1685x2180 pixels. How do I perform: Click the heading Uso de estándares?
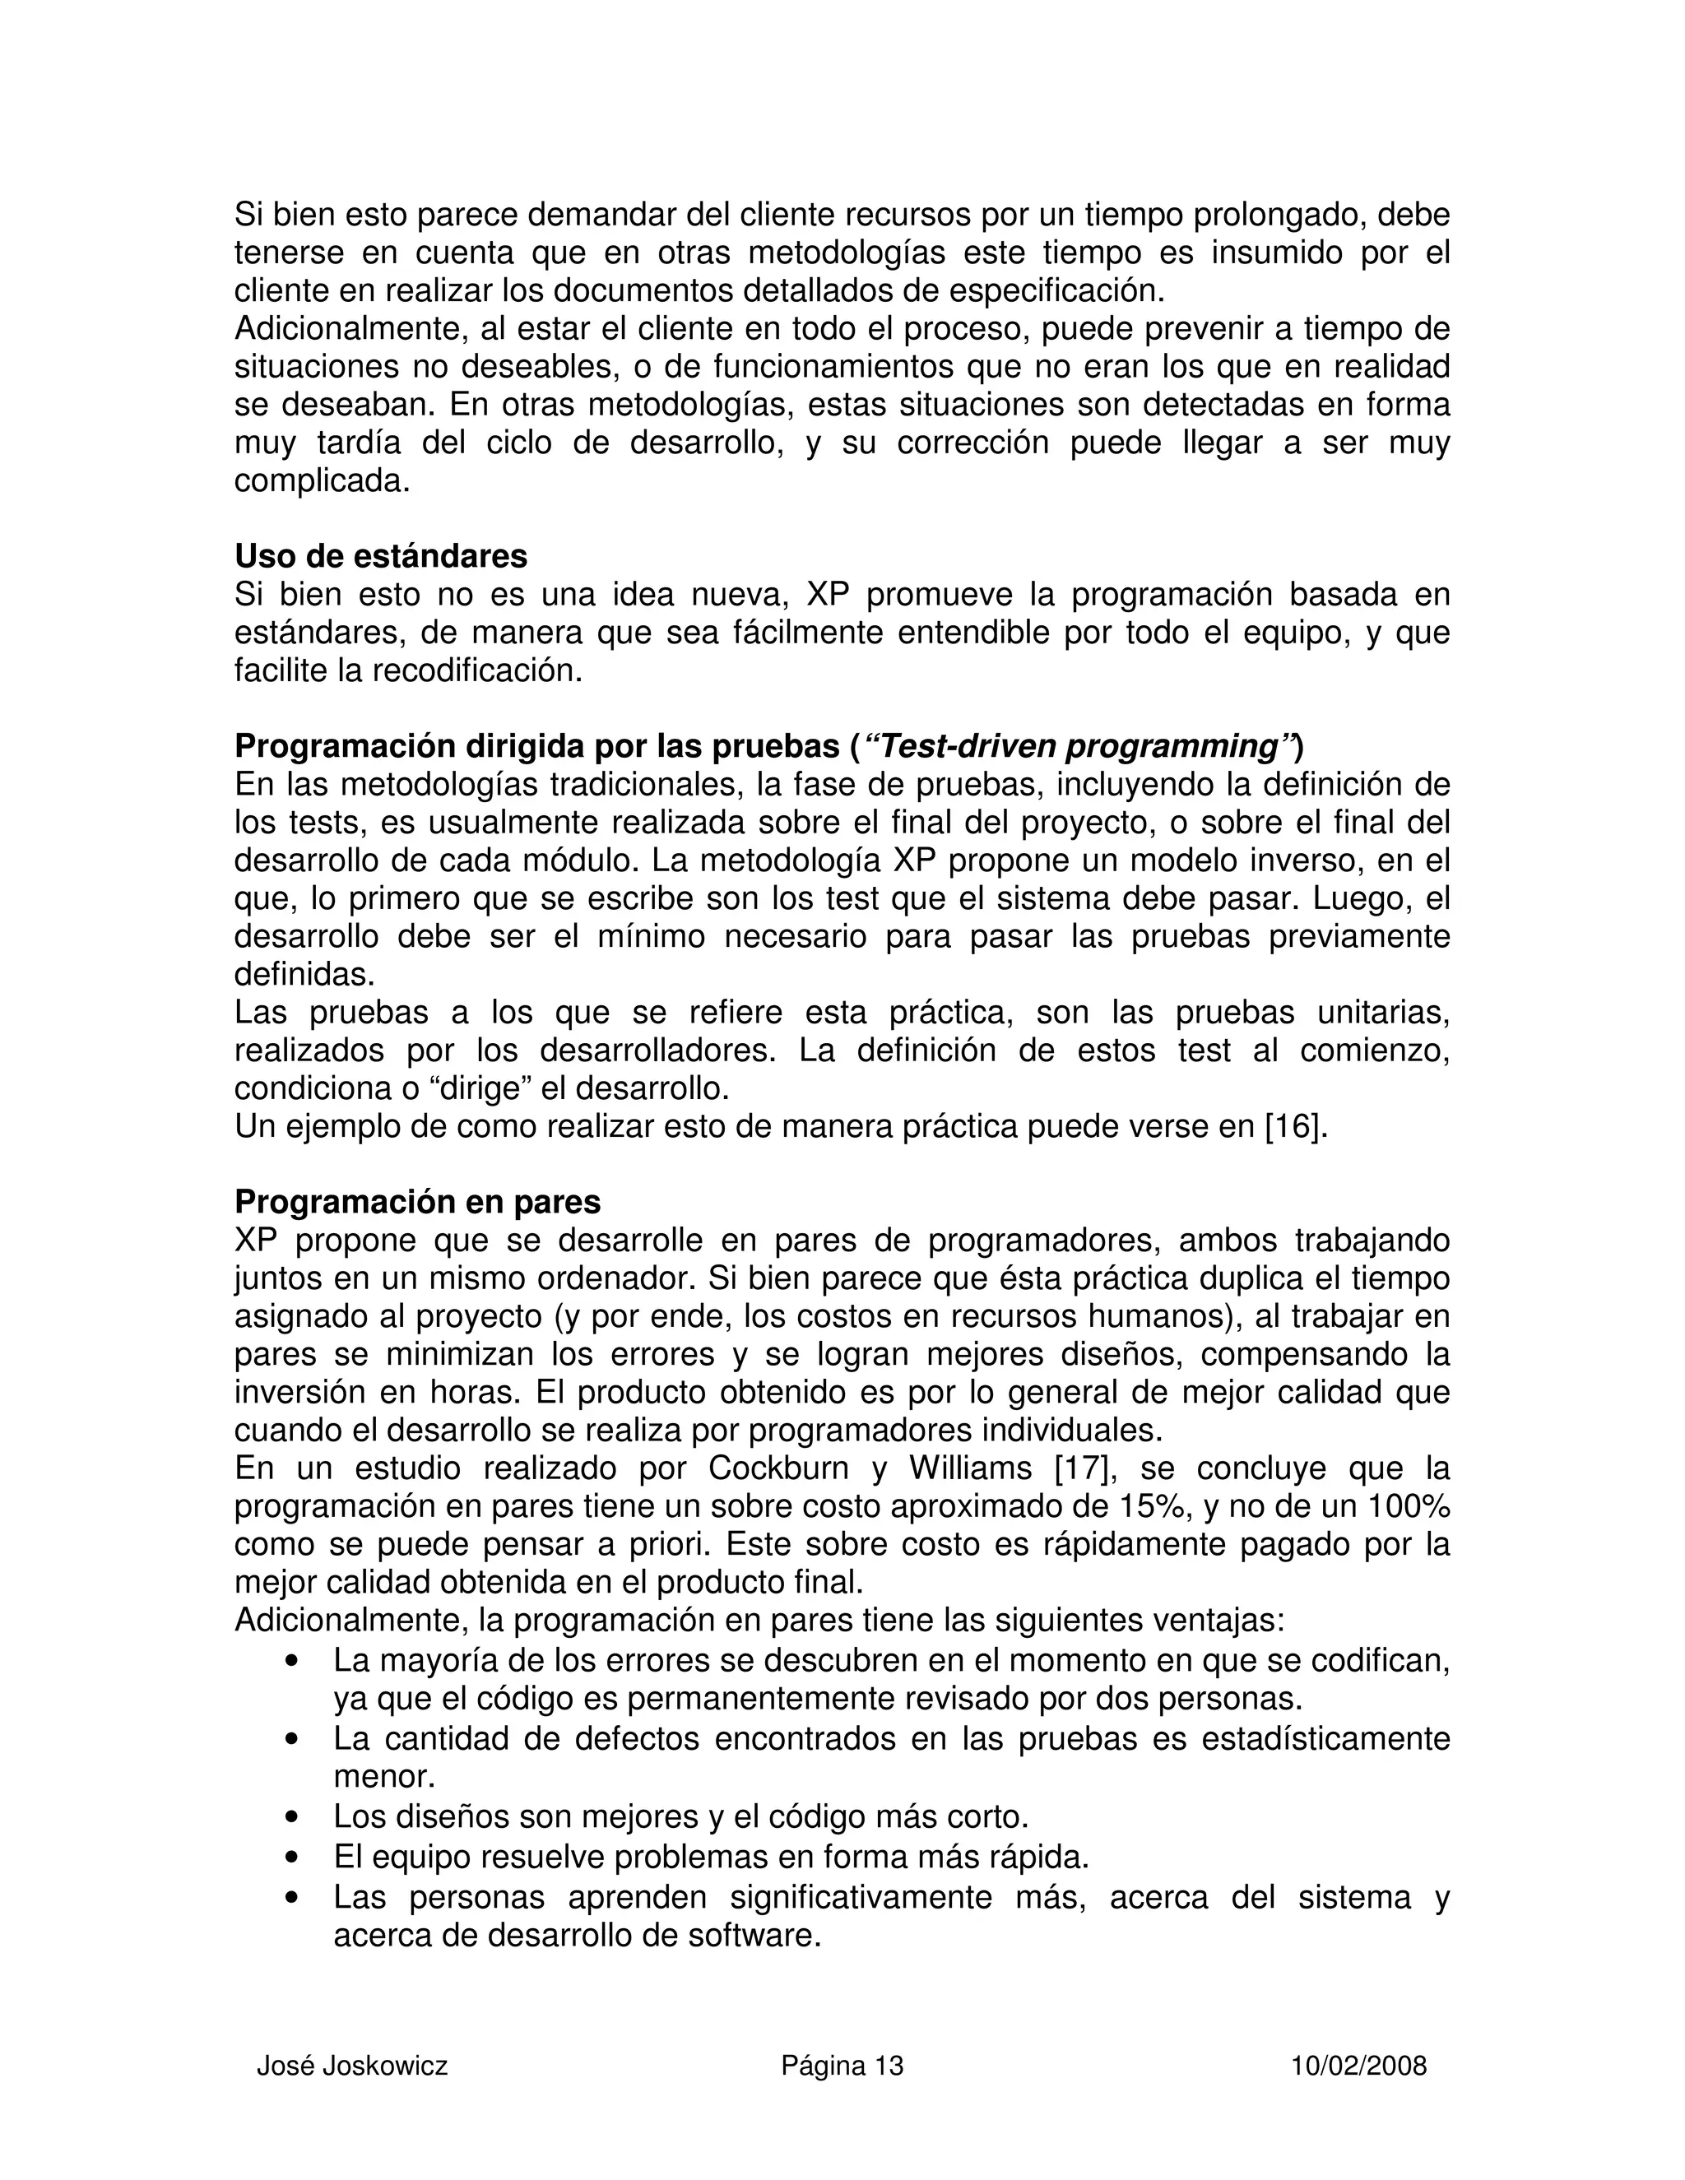tap(380, 555)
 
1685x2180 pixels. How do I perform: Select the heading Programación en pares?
tap(417, 1202)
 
